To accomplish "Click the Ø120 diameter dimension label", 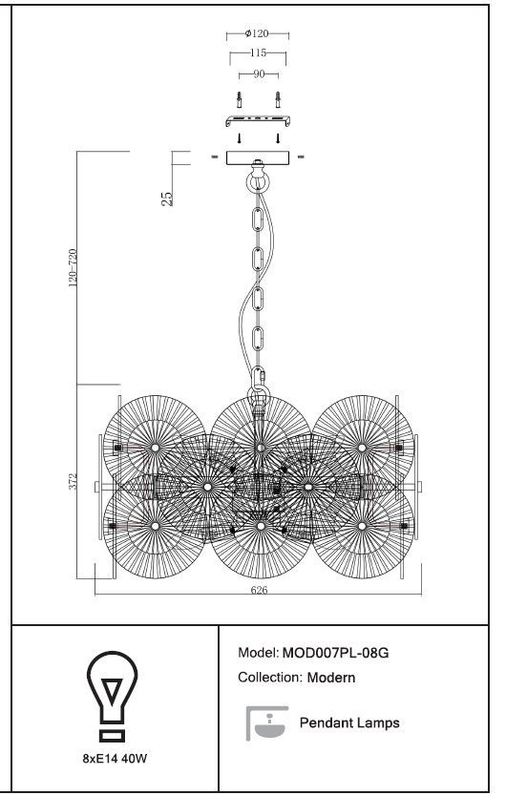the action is click(257, 34).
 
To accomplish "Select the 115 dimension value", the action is click(258, 52).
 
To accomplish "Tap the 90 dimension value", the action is click(259, 74).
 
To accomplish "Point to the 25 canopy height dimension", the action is click(167, 199).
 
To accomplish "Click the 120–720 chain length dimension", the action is click(73, 268).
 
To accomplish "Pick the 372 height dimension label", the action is click(74, 482).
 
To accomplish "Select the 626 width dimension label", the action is click(259, 590).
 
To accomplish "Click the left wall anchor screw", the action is click(240, 100).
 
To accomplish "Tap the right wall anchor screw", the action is click(277, 100).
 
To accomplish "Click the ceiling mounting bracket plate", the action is click(258, 121).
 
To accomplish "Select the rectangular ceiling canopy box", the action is click(258, 157).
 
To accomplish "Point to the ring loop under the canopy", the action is click(258, 181).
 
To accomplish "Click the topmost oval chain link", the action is click(258, 220).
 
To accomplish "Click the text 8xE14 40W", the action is click(116, 759).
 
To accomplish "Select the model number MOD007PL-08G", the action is click(335, 653).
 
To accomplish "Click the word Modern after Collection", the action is click(331, 678).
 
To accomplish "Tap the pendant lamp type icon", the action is click(267, 723).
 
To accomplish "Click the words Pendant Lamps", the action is click(349, 722).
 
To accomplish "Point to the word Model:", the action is click(258, 653).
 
